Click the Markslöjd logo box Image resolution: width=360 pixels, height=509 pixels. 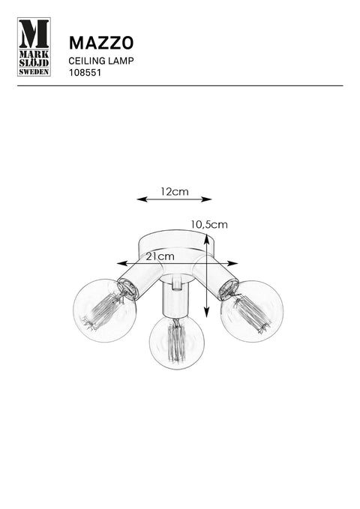[x=34, y=46]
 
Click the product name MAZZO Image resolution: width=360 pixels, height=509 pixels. [x=101, y=43]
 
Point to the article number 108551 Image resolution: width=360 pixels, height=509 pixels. [x=85, y=73]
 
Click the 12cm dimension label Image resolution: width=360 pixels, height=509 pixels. [x=175, y=191]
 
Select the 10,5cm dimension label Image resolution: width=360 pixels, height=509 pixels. [x=209, y=224]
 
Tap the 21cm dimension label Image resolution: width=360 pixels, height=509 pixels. [x=160, y=256]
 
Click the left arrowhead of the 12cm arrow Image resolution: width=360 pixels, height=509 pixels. [x=142, y=199]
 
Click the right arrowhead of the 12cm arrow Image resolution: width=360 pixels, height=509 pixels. [x=207, y=199]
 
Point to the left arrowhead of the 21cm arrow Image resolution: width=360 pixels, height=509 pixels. [x=121, y=263]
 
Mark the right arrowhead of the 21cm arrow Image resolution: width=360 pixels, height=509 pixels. [x=233, y=263]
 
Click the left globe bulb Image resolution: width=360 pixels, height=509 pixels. [x=104, y=310]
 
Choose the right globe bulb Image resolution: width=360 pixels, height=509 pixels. [x=252, y=311]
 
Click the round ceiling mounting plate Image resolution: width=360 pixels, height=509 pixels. [x=175, y=244]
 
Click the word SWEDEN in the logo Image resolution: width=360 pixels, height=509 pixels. [x=34, y=72]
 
